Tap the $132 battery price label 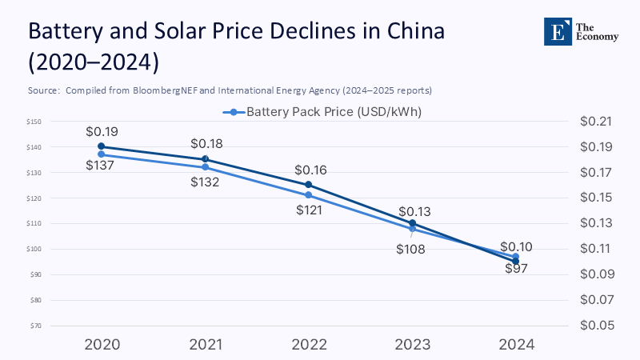click(x=205, y=182)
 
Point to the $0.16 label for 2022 click(x=310, y=170)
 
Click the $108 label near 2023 click(x=410, y=249)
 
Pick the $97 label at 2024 click(x=516, y=268)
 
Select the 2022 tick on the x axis click(x=309, y=344)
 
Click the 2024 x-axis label click(x=516, y=344)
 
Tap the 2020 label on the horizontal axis click(x=102, y=344)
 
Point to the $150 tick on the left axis click(x=34, y=122)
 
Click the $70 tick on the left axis click(x=36, y=326)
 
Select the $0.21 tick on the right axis click(x=594, y=122)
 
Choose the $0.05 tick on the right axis click(x=594, y=326)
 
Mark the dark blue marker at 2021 click(x=205, y=159)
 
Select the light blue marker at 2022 click(x=309, y=195)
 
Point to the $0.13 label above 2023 click(x=414, y=212)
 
